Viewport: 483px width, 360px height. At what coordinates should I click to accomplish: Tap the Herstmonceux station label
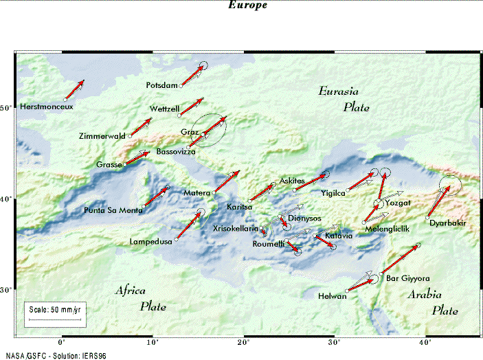click(46, 107)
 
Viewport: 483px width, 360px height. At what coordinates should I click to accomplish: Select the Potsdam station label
click(161, 85)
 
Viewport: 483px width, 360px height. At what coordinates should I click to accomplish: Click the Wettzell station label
click(164, 109)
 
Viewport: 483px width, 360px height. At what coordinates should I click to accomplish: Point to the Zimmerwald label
click(102, 135)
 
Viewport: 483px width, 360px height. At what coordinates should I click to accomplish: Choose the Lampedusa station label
click(150, 242)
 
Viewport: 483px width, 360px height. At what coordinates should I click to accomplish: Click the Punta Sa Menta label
click(113, 210)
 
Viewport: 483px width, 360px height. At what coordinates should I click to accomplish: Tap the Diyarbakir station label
click(448, 223)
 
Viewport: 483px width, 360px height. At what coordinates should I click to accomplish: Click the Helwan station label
click(333, 296)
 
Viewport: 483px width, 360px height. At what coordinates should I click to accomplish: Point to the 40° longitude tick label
click(427, 341)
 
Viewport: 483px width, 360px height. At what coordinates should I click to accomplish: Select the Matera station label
click(196, 193)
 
